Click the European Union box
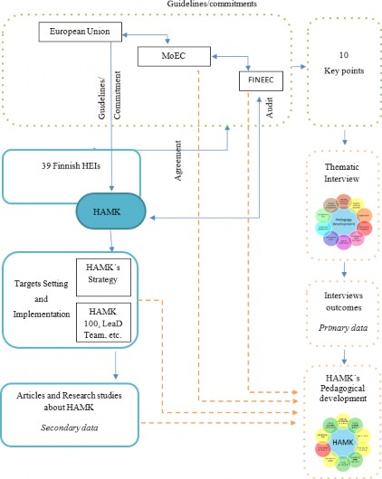tap(79, 32)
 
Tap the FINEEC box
tap(256, 82)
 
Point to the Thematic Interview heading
tap(345, 174)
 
